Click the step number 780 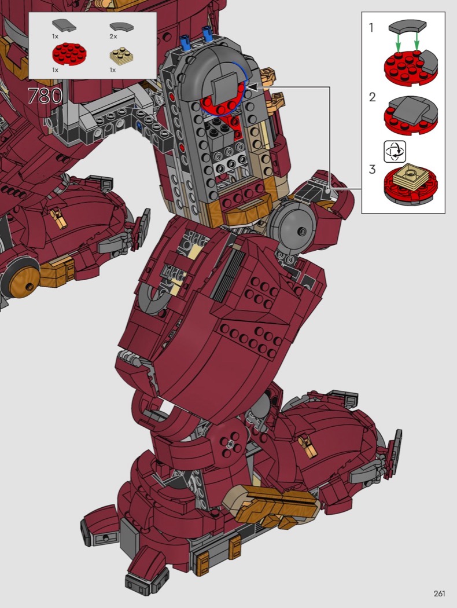click(x=45, y=96)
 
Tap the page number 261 click(x=439, y=594)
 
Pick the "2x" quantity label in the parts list click(x=113, y=36)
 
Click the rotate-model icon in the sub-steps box click(x=395, y=152)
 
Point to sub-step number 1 click(x=371, y=28)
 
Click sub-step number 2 click(x=372, y=97)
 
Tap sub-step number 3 click(x=372, y=170)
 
